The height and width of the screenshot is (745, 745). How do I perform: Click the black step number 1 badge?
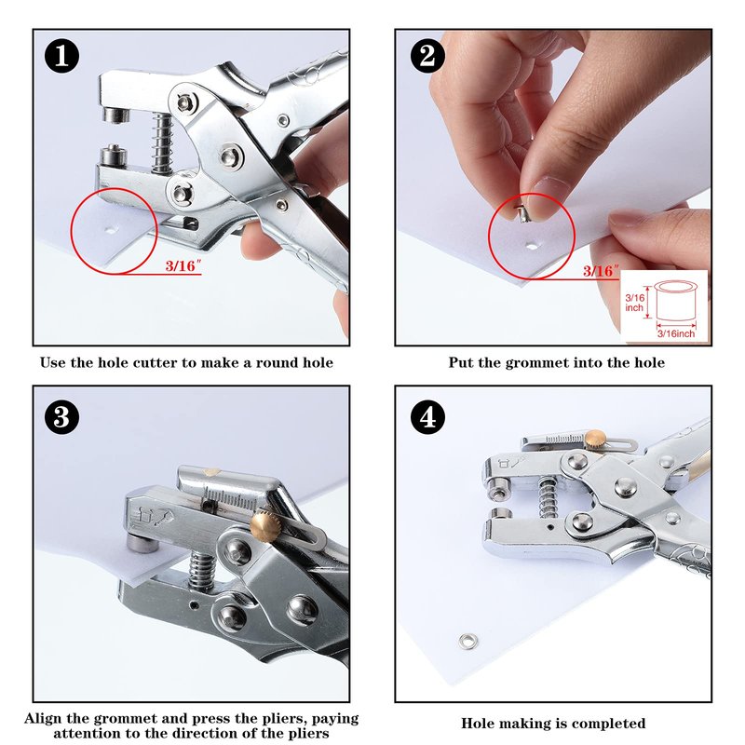61,56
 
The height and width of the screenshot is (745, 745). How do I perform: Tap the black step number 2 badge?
427,56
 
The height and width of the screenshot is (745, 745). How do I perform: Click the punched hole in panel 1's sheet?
111,231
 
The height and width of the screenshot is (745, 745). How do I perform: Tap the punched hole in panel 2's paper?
531,246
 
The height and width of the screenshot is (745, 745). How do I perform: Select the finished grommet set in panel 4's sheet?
468,642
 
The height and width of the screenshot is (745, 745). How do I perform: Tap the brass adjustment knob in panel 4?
595,438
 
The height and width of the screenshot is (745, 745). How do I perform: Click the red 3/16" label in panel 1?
183,265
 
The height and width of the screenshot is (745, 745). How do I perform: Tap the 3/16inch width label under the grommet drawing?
676,333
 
